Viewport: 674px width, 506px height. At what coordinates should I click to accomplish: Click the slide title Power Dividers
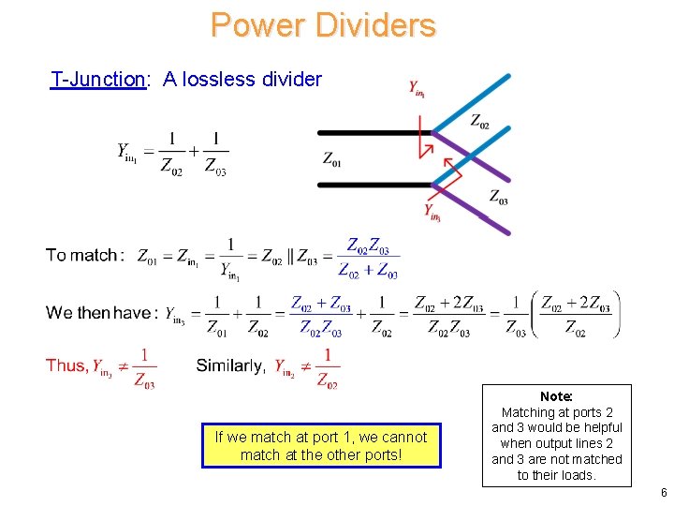[323, 24]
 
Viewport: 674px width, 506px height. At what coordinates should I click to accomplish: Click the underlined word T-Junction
[97, 79]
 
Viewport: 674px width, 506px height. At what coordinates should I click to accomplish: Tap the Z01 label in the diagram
[332, 160]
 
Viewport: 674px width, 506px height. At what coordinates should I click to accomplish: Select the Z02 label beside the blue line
[479, 121]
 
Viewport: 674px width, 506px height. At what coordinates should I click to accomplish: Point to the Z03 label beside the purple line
[499, 197]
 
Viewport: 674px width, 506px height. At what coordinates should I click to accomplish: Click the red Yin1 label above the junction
[418, 89]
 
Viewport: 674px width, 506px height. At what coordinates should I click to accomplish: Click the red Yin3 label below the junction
[432, 213]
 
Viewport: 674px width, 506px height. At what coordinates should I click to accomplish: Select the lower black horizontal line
[374, 185]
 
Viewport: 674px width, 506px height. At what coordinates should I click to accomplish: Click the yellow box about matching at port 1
[320, 446]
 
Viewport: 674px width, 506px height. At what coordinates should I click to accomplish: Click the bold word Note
[556, 397]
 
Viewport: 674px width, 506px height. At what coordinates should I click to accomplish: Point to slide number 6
[663, 493]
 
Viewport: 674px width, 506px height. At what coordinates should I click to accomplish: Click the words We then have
[98, 312]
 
